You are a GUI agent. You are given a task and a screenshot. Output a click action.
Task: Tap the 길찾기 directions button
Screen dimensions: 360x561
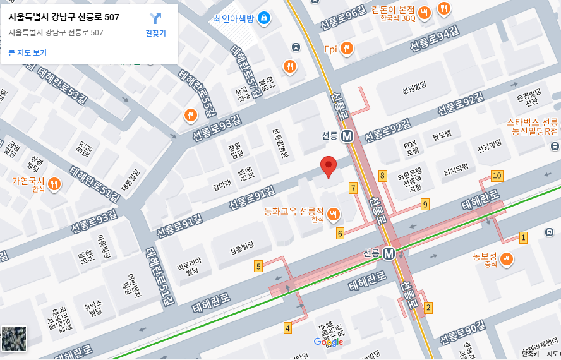pyautogui.click(x=155, y=24)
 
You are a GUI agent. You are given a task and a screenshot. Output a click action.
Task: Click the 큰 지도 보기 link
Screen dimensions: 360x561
pyautogui.click(x=28, y=52)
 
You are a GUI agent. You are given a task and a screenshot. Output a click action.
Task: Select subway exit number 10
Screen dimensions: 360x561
pyautogui.click(x=497, y=176)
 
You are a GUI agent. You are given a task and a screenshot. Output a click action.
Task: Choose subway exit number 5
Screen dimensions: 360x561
pyautogui.click(x=258, y=267)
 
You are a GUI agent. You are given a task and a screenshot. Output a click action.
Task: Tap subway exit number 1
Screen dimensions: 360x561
pyautogui.click(x=523, y=237)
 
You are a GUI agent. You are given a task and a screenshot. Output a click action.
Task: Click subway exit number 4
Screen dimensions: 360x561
pyautogui.click(x=287, y=328)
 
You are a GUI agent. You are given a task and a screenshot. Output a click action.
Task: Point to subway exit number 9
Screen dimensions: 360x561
pyautogui.click(x=425, y=204)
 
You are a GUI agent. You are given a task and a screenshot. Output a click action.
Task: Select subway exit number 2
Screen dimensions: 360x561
pyautogui.click(x=429, y=308)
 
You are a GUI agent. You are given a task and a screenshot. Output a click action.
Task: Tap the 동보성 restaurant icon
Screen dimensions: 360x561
pyautogui.click(x=505, y=258)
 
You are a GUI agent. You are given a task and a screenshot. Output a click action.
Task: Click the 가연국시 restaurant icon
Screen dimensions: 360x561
pyautogui.click(x=55, y=184)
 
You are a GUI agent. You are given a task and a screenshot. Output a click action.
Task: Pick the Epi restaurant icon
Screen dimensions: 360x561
pyautogui.click(x=346, y=48)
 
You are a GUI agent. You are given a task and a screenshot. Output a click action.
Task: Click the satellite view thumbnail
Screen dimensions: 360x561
pyautogui.click(x=14, y=339)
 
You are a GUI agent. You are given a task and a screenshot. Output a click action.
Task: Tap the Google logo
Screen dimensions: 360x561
pyautogui.click(x=329, y=342)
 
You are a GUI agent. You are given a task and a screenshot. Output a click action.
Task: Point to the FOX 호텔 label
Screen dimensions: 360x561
pyautogui.click(x=412, y=148)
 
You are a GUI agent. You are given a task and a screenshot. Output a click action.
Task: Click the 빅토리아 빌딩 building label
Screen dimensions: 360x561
pyautogui.click(x=188, y=267)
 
